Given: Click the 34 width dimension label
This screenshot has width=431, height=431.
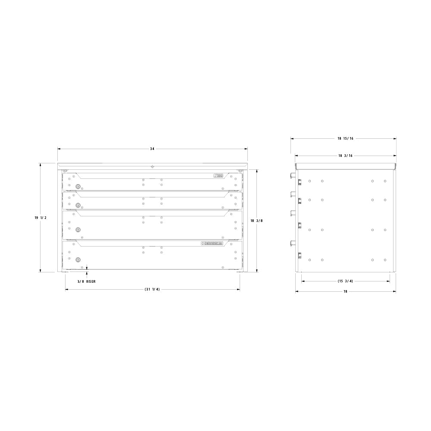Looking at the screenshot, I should [152, 149].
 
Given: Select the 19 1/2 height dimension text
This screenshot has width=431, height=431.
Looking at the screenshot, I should [41, 218].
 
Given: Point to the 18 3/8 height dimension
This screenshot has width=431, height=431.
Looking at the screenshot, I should [256, 220].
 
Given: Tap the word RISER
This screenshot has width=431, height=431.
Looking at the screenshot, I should [91, 281].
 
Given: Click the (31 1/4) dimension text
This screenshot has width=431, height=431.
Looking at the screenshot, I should [152, 289].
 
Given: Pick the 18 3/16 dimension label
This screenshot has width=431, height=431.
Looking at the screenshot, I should [345, 155].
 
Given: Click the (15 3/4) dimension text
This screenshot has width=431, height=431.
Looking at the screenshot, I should [345, 281].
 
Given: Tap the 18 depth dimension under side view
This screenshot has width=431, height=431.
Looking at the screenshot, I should [345, 292].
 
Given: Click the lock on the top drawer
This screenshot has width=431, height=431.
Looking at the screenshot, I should [78, 186].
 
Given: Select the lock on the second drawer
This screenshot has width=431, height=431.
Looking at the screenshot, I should [78, 205].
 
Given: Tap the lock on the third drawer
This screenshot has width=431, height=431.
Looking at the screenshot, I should [78, 230].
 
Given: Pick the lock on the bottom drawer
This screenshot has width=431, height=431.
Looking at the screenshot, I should [78, 259].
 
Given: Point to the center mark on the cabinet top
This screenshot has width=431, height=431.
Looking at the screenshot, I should [152, 166].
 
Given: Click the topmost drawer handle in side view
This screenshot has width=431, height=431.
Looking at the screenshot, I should [293, 175].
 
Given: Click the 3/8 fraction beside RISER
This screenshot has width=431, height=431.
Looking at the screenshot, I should [81, 281].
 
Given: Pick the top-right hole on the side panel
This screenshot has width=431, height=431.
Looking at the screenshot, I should [385, 181].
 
